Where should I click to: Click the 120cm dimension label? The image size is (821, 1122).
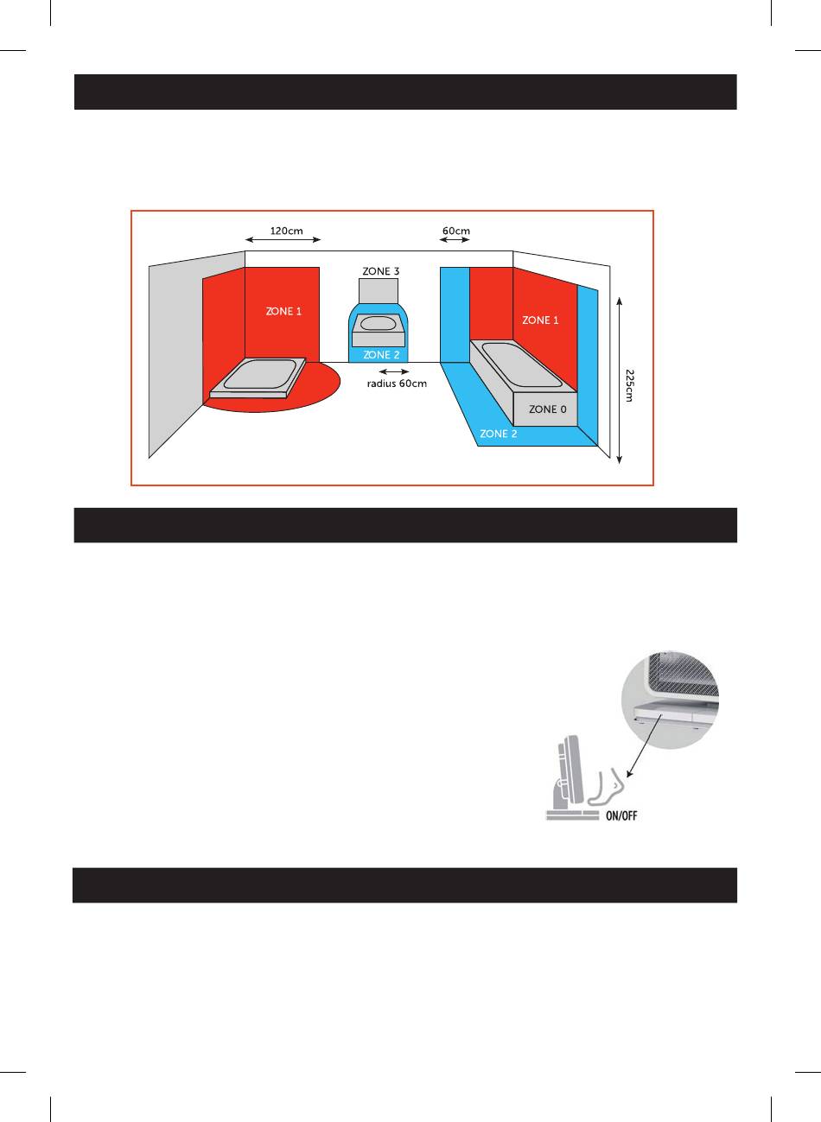pyautogui.click(x=286, y=231)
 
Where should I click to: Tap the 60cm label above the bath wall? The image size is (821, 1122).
pyautogui.click(x=455, y=231)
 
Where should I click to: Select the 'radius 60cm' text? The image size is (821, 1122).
pyautogui.click(x=397, y=384)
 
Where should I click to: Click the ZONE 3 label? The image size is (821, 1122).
pyautogui.click(x=380, y=271)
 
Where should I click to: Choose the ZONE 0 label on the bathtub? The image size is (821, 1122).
pyautogui.click(x=548, y=409)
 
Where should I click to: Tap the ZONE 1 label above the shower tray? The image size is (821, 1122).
pyautogui.click(x=283, y=311)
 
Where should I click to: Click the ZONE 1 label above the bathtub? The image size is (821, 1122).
pyautogui.click(x=540, y=320)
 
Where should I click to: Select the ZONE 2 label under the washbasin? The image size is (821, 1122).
pyautogui.click(x=381, y=355)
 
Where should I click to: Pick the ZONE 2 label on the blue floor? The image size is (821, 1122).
pyautogui.click(x=499, y=434)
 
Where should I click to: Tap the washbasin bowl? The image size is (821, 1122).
pyautogui.click(x=378, y=325)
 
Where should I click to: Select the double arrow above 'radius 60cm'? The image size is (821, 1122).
pyautogui.click(x=394, y=371)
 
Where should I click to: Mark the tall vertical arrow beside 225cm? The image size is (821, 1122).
pyautogui.click(x=621, y=380)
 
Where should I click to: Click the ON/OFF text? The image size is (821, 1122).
pyautogui.click(x=620, y=815)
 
